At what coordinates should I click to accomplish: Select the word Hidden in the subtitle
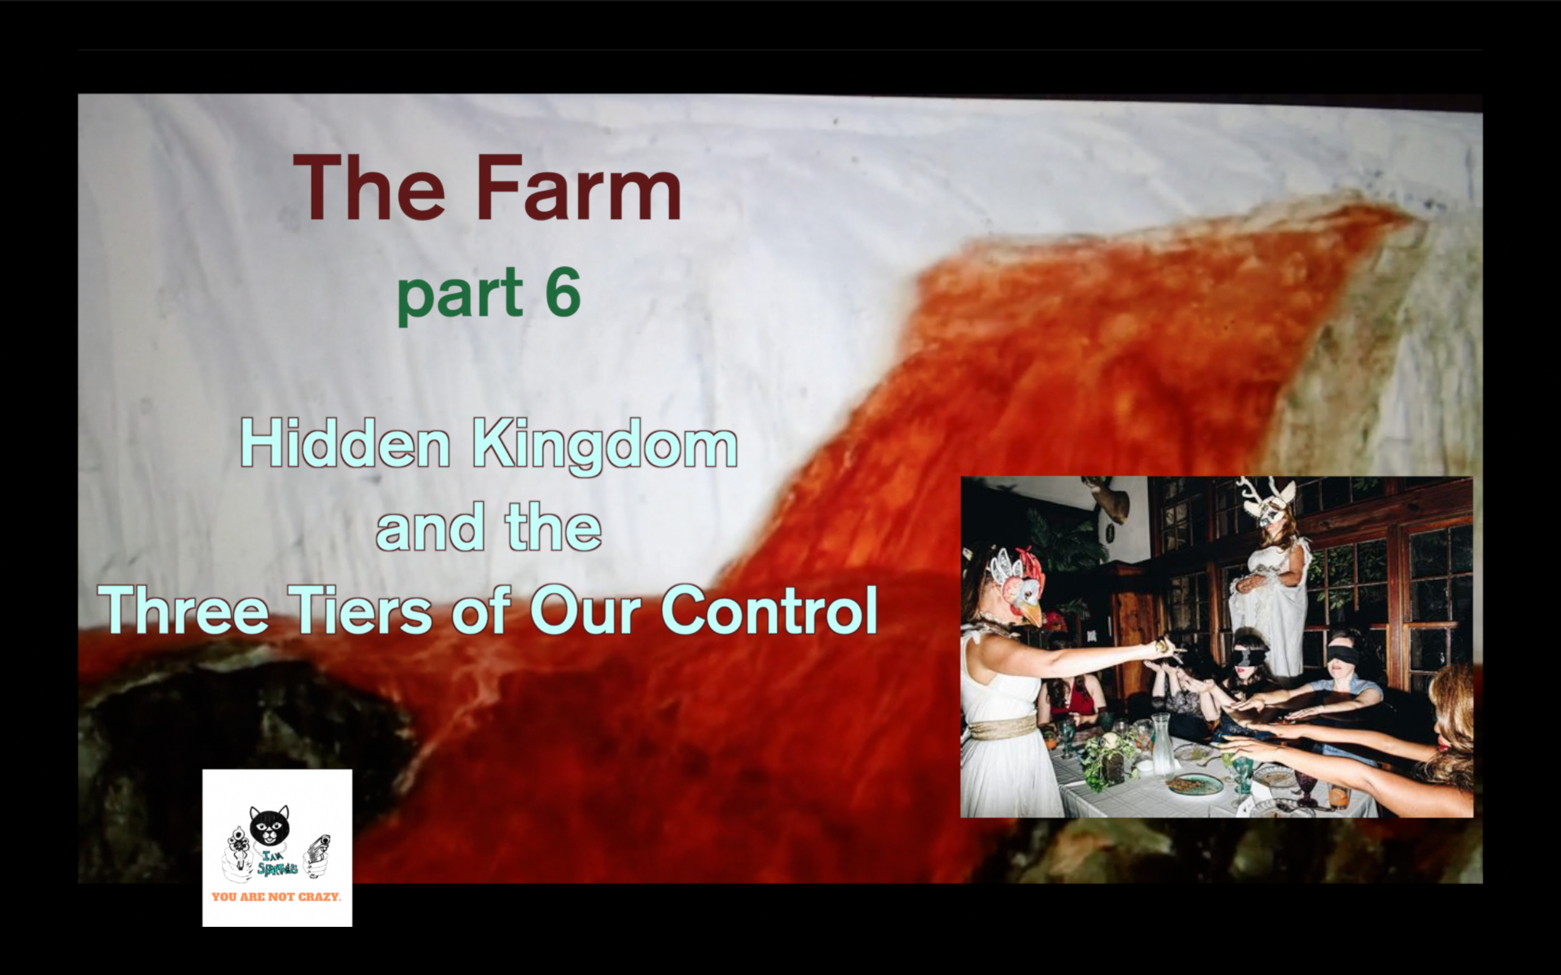(345, 444)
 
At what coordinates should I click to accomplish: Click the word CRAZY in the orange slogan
(319, 897)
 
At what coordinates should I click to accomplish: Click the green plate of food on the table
(1185, 784)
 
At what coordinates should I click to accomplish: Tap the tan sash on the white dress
(1003, 728)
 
